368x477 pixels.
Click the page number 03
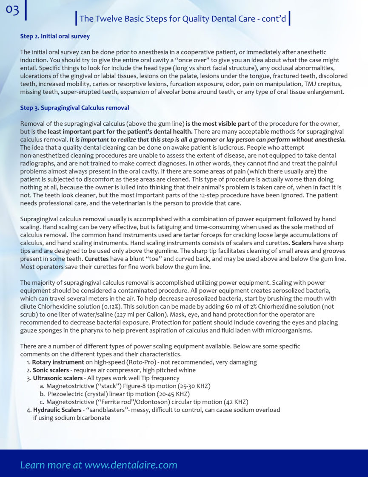tap(12, 10)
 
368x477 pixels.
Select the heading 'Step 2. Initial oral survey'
tap(55, 37)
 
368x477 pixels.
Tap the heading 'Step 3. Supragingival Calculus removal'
tap(74, 108)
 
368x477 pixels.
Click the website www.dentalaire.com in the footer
tap(131, 465)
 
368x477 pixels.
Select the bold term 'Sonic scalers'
tap(51, 370)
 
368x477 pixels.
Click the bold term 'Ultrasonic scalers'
tap(57, 378)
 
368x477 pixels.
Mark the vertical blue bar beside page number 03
tap(26, 10)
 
